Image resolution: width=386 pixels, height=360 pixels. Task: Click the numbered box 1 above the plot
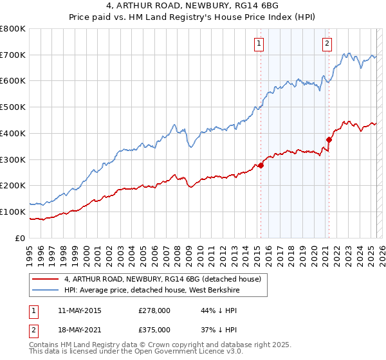pyautogui.click(x=259, y=44)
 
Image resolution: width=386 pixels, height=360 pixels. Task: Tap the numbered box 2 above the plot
pyautogui.click(x=327, y=44)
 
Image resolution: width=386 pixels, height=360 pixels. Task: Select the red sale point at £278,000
pyautogui.click(x=261, y=165)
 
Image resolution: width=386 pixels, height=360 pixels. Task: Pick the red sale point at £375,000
pyautogui.click(x=329, y=139)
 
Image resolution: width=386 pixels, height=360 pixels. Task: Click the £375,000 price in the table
pyautogui.click(x=154, y=329)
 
